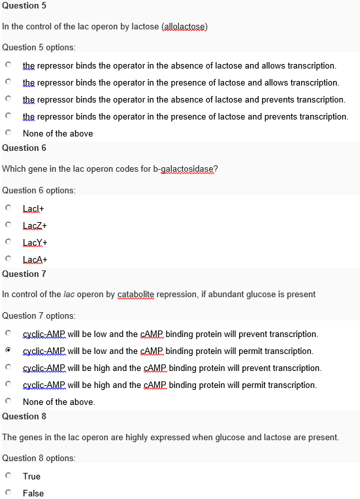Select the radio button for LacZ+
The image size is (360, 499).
pyautogui.click(x=8, y=225)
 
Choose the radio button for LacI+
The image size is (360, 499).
pyautogui.click(x=8, y=208)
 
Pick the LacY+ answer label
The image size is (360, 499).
pyautogui.click(x=35, y=242)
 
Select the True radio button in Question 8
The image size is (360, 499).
pyautogui.click(x=8, y=476)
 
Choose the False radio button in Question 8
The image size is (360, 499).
pyautogui.click(x=8, y=493)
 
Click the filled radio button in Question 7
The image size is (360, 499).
pyautogui.click(x=8, y=351)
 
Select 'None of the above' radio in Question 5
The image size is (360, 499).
pyautogui.click(x=8, y=133)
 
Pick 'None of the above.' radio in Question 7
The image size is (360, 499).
pyautogui.click(x=8, y=402)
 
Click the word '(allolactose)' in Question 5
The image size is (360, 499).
pyautogui.click(x=184, y=26)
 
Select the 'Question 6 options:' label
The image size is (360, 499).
pyautogui.click(x=39, y=190)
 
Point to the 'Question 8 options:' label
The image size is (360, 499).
pyautogui.click(x=39, y=458)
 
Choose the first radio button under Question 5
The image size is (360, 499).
pyautogui.click(x=8, y=65)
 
